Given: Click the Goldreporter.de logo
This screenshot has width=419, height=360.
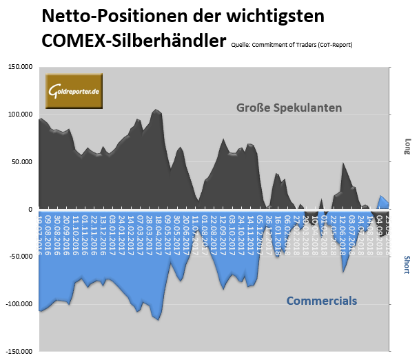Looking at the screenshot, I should click(x=74, y=90).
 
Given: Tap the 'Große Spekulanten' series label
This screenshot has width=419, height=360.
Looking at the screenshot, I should click(x=289, y=108).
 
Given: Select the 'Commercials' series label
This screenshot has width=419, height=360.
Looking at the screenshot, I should click(x=321, y=301).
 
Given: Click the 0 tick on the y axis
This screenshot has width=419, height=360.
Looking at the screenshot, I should click(x=29, y=209).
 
